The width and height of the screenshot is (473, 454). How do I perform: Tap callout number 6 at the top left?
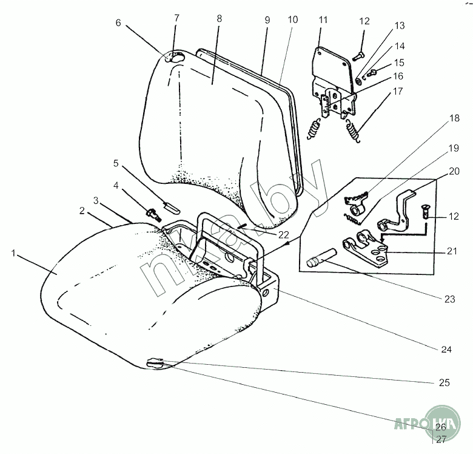pyautogui.click(x=118, y=22)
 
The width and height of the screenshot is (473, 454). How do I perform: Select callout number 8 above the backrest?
pyautogui.click(x=219, y=18)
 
